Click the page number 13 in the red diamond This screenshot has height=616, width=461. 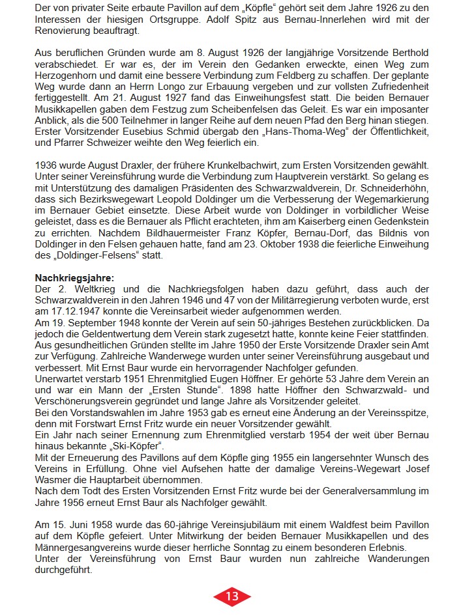click(x=232, y=596)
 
